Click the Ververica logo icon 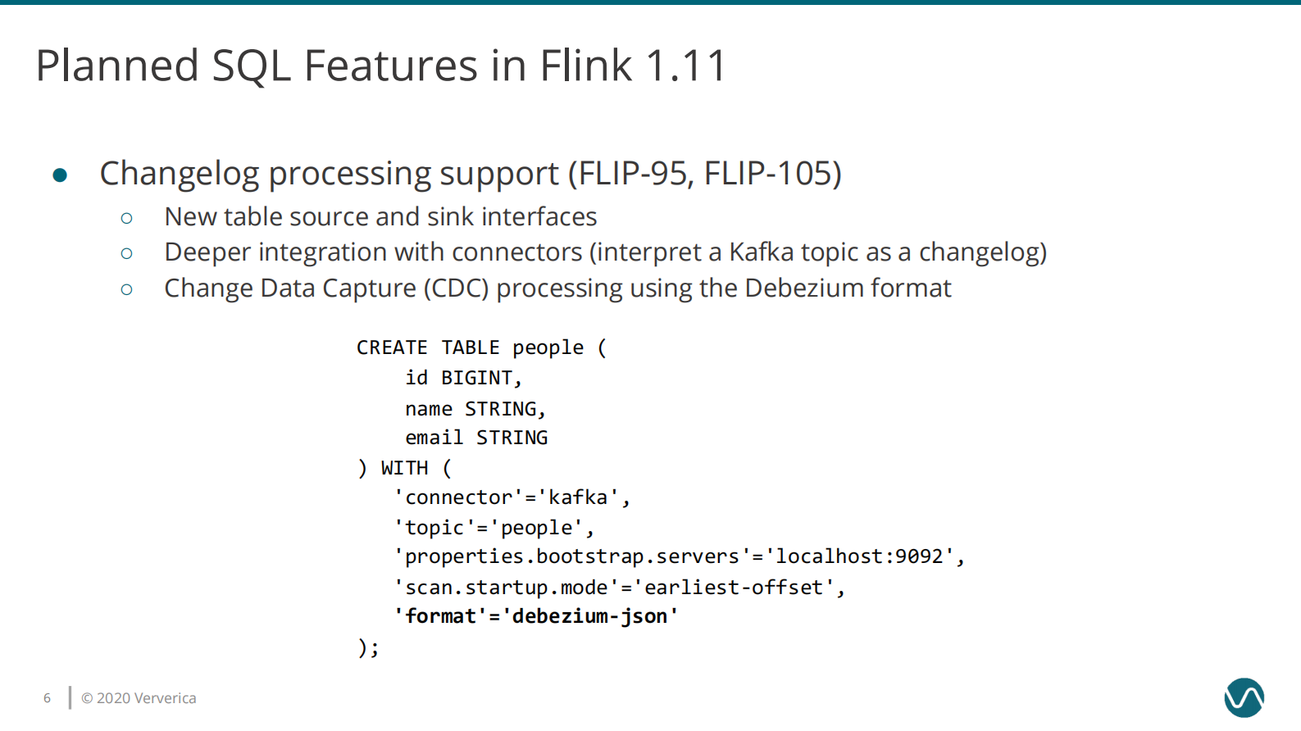pos(1244,698)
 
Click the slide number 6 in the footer pos(47,698)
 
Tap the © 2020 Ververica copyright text pos(139,698)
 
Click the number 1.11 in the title pos(685,66)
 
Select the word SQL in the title pos(251,66)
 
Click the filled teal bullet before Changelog pos(60,175)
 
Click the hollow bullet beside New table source pos(126,218)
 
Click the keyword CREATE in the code pos(392,347)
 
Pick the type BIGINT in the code pos(478,378)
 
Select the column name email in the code pos(434,438)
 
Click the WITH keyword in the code pos(404,468)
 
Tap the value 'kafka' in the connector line pos(578,497)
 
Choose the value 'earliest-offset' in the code pos(733,588)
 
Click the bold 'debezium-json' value pos(590,616)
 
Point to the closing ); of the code pos(368,647)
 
